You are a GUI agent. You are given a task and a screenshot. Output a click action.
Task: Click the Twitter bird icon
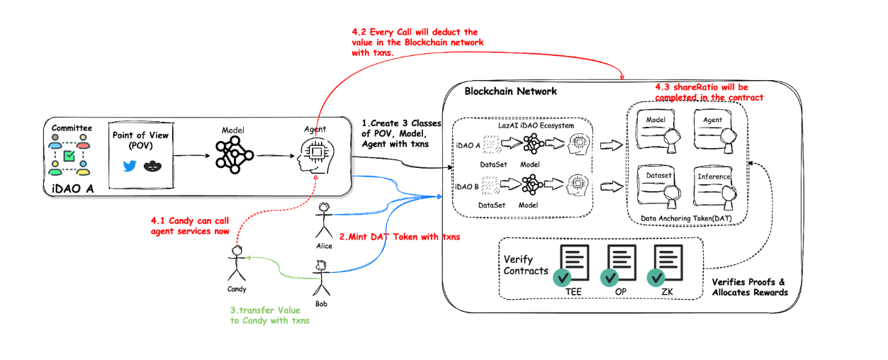(129, 166)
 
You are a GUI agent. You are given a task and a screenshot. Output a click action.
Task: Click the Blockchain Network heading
(510, 91)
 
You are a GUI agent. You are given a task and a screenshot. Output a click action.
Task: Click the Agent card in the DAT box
(713, 129)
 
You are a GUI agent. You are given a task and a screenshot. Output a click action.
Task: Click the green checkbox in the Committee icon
(69, 155)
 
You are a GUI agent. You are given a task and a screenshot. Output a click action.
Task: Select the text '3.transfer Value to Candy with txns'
(269, 315)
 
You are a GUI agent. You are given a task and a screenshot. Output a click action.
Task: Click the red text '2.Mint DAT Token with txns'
(400, 236)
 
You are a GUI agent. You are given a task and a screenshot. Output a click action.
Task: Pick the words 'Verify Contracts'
(525, 265)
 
